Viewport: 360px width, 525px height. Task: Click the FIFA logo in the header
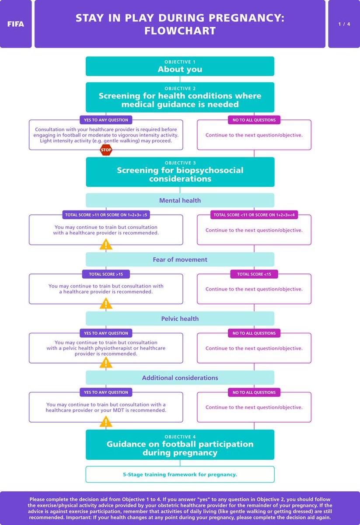16,24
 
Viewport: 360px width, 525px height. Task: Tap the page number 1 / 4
343,24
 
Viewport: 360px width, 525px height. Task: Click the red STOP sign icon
106,150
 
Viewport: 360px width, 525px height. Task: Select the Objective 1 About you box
180,66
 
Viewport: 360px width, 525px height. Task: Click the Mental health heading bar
180,200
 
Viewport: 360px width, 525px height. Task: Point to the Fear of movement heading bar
180,259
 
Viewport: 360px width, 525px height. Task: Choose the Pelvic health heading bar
180,318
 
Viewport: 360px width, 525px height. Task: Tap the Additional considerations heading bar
180,378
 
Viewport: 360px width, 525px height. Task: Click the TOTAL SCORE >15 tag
106,274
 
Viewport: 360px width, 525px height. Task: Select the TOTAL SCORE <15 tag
254,274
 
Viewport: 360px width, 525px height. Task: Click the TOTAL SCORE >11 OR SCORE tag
106,215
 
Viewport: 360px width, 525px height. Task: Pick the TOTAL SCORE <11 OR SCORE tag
254,215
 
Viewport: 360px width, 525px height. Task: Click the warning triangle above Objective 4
106,422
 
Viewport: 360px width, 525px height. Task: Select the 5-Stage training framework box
180,474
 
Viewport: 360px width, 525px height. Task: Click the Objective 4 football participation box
180,445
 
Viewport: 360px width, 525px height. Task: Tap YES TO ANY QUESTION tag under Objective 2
106,120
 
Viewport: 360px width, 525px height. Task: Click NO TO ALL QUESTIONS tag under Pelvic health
254,333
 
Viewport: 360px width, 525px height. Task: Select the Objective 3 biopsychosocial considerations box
180,172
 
